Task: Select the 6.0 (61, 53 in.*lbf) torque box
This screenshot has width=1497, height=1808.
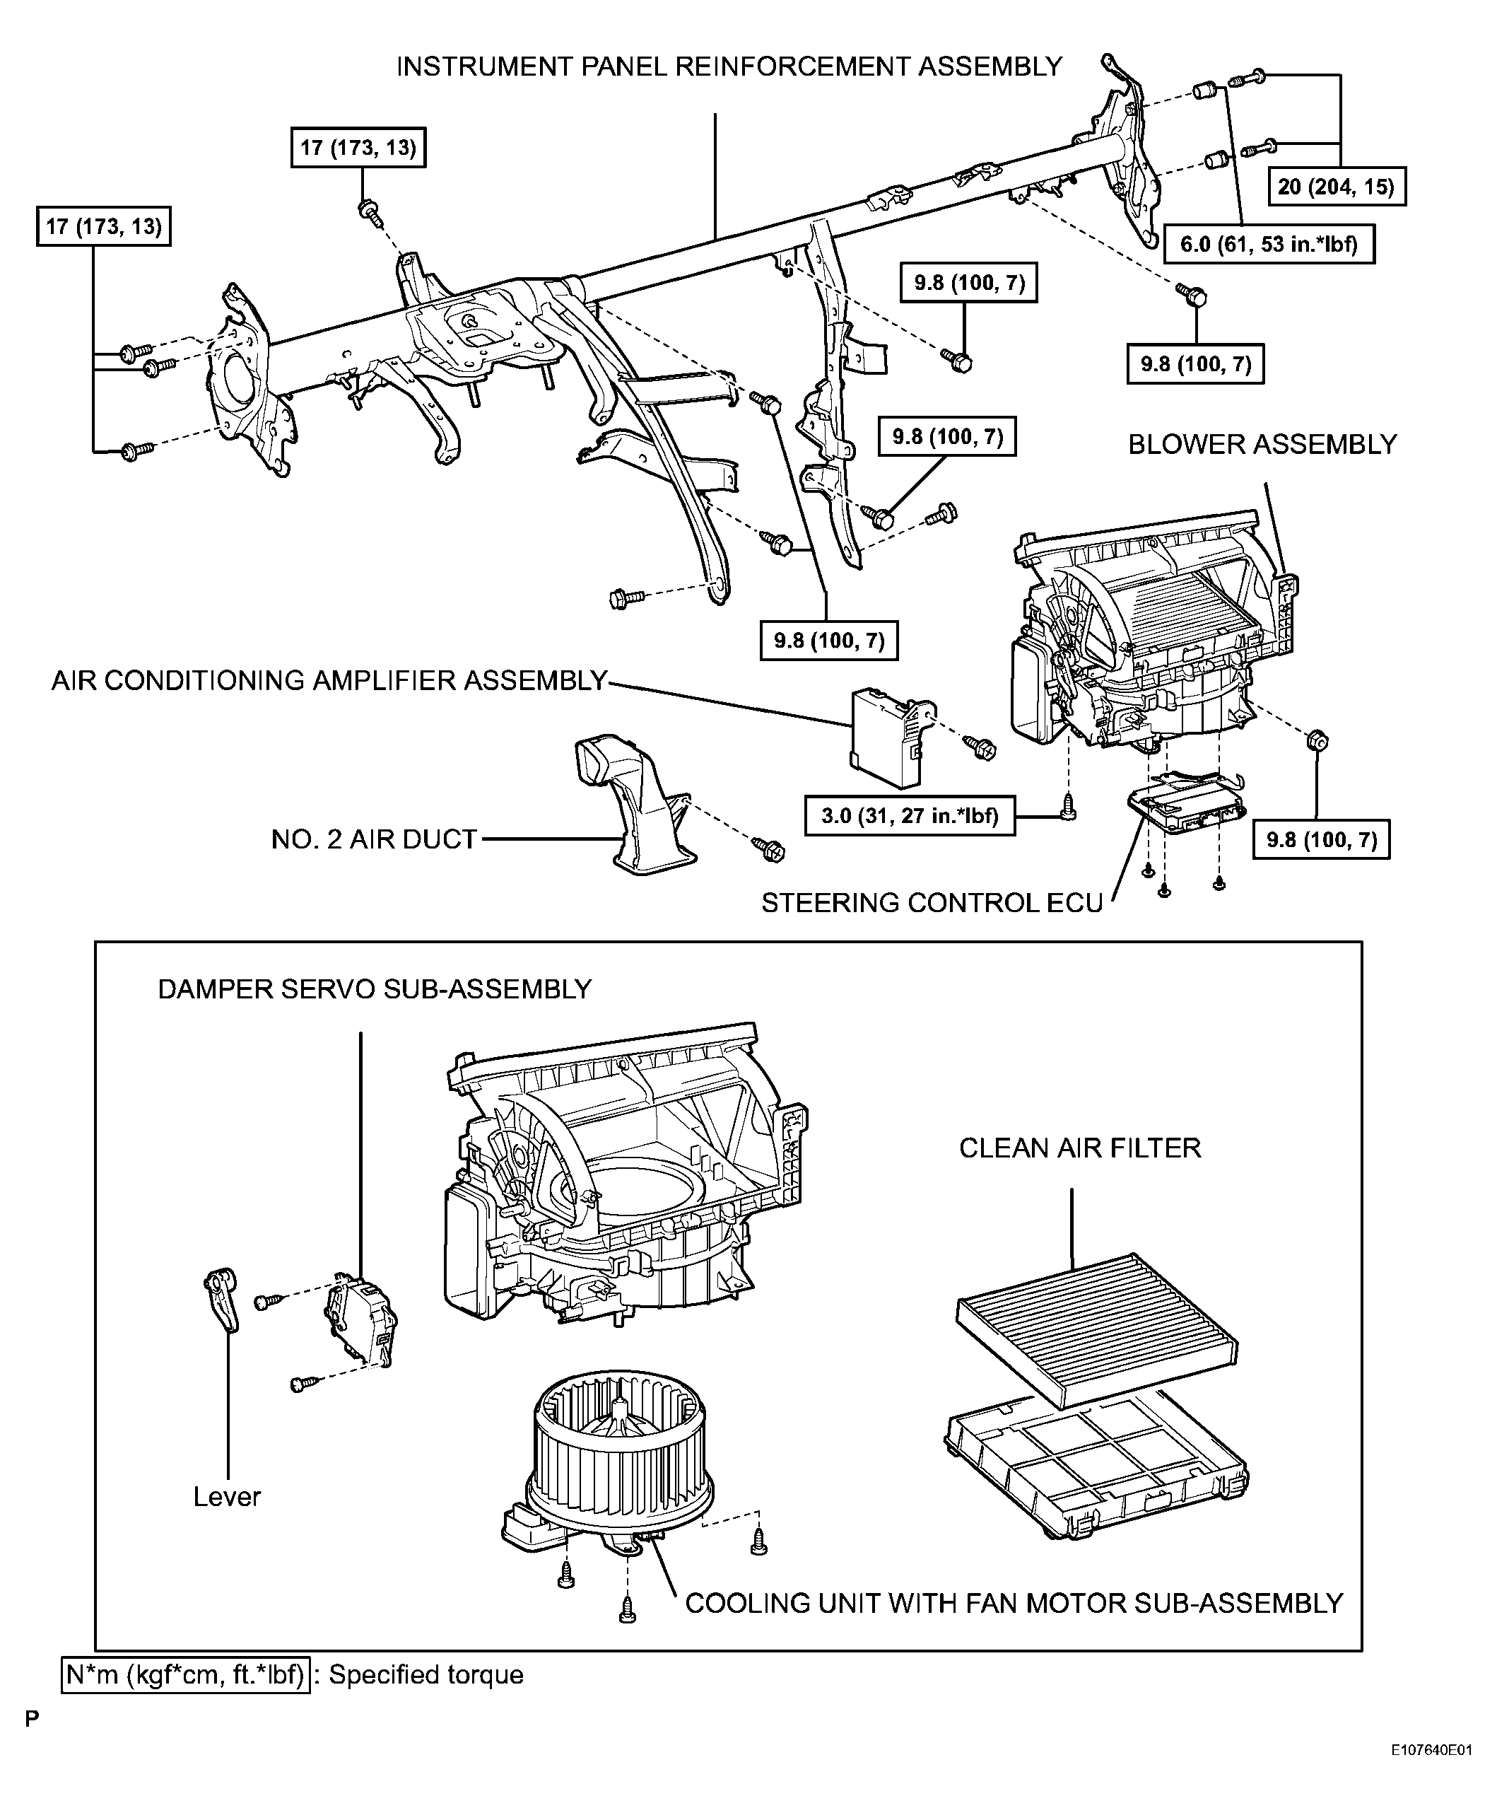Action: coord(1268,244)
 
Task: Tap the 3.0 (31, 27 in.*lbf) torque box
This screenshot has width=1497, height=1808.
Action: coord(909,815)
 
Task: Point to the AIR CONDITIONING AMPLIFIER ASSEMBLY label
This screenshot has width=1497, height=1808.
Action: coord(329,680)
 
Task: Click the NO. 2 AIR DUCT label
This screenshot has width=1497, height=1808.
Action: coord(374,839)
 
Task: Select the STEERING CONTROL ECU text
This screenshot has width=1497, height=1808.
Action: coord(932,902)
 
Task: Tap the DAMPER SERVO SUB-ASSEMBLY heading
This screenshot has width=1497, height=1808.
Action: coord(375,989)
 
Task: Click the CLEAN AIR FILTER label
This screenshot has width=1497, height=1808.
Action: coord(1079,1148)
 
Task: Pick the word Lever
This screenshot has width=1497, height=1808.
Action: coord(226,1496)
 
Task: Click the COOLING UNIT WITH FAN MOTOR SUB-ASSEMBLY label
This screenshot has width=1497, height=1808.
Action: coord(1014,1603)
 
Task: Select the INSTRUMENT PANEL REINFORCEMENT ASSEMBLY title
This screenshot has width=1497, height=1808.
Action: coord(729,66)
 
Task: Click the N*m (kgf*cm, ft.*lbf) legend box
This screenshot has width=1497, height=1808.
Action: coord(186,1674)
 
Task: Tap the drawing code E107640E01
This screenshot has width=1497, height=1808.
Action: coord(1430,1775)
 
